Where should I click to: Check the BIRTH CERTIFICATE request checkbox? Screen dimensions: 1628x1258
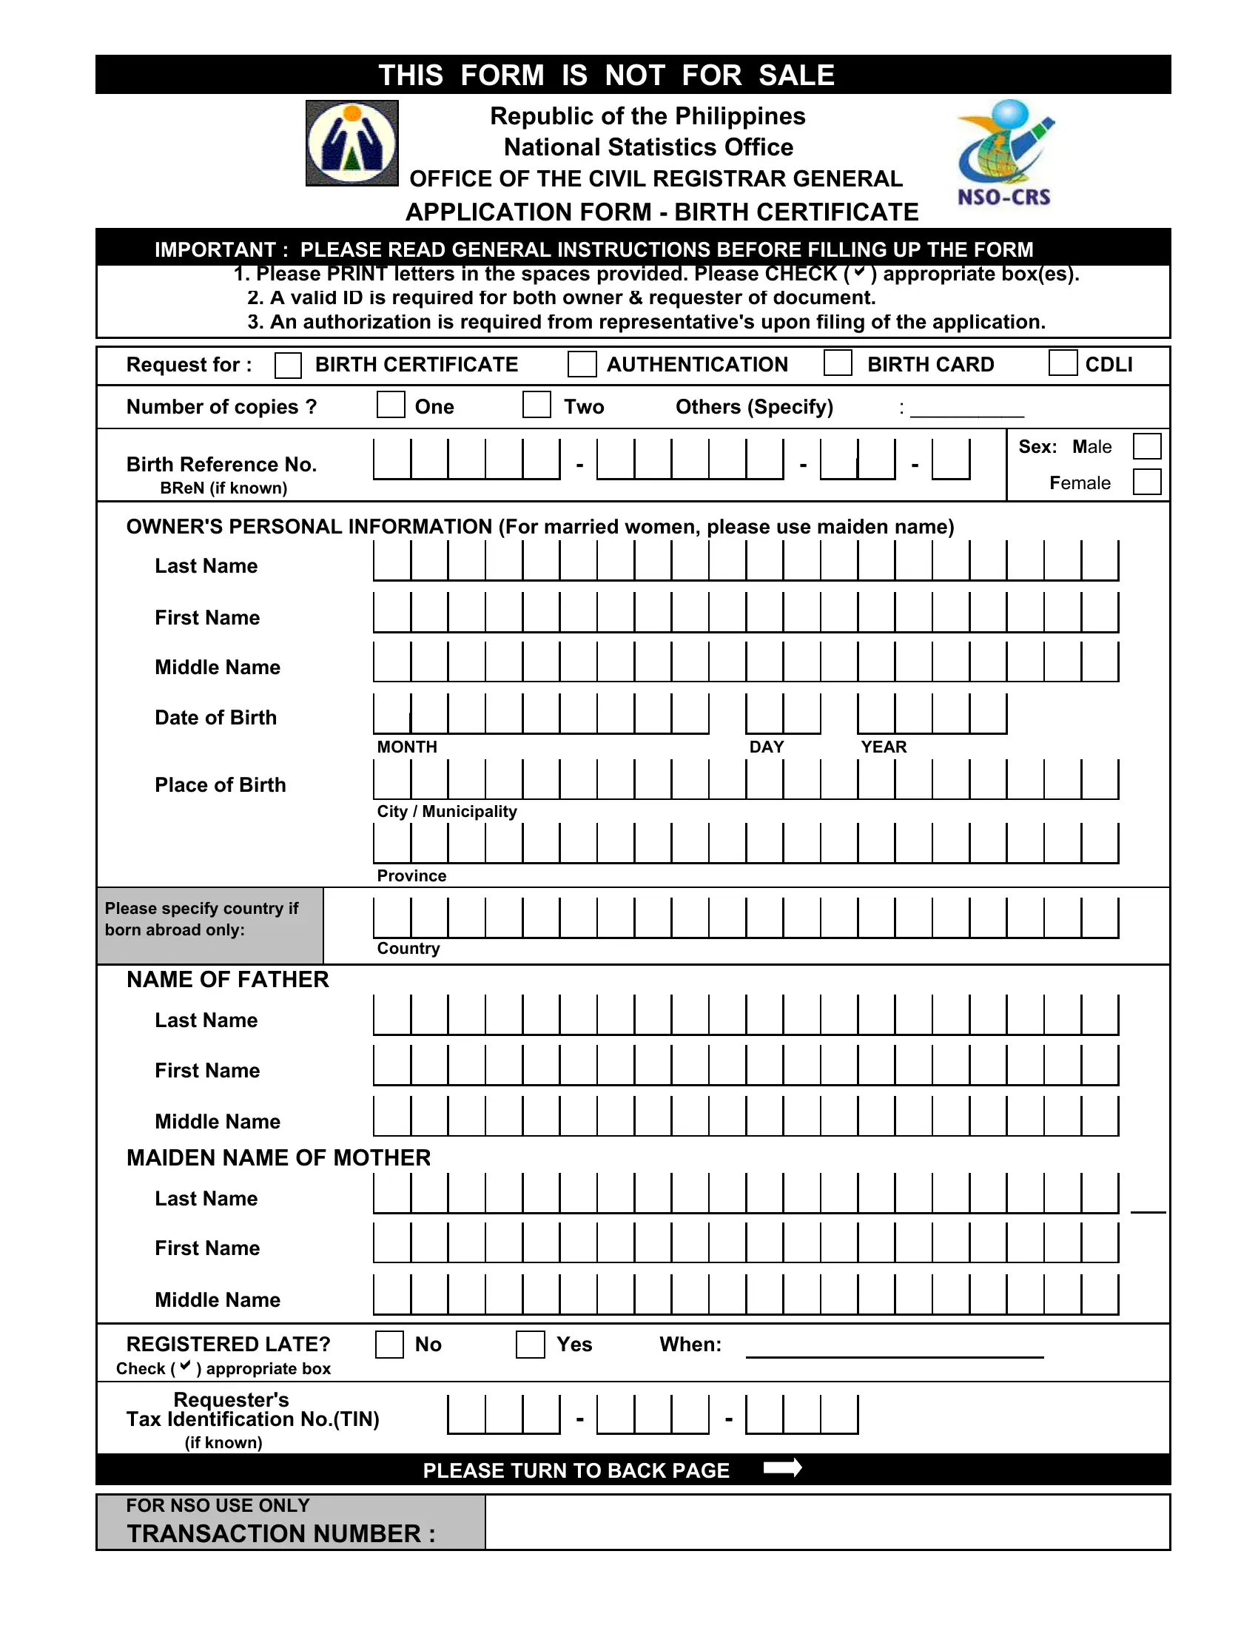tap(288, 366)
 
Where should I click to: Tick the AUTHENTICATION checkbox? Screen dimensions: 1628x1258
tap(582, 365)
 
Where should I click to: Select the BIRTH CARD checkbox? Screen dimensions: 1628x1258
tap(838, 363)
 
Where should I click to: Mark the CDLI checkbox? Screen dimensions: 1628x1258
tap(1063, 363)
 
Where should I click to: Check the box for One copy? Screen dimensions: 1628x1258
tap(391, 405)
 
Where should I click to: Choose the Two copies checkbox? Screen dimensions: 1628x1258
tap(536, 405)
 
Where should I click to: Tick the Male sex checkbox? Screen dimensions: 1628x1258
tap(1146, 446)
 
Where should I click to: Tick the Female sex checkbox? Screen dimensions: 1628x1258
tap(1146, 482)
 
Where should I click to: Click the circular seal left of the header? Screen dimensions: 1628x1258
tap(351, 143)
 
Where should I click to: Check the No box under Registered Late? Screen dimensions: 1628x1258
tap(389, 1345)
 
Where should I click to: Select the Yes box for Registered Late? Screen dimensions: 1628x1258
tap(530, 1345)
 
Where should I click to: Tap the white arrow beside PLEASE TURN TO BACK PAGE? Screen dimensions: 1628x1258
tap(782, 1467)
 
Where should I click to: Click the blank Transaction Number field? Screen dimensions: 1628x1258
tap(827, 1523)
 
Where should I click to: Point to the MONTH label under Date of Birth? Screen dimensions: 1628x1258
tap(407, 747)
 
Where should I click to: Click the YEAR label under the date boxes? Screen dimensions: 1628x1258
tap(884, 747)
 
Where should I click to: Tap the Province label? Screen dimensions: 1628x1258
tap(411, 876)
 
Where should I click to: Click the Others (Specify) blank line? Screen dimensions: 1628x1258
tap(966, 409)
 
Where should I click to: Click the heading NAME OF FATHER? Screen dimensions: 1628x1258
tap(228, 980)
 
